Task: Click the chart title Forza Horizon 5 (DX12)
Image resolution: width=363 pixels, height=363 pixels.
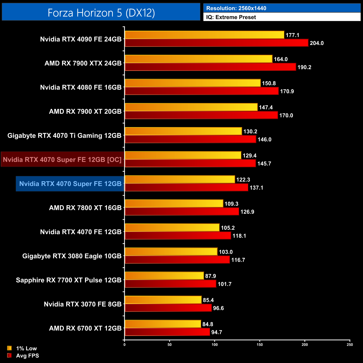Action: click(x=101, y=13)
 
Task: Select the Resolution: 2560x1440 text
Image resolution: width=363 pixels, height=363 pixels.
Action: click(x=236, y=8)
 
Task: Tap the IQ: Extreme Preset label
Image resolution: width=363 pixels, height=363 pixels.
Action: click(x=231, y=17)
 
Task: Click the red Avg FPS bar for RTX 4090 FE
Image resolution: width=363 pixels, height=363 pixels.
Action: click(x=216, y=43)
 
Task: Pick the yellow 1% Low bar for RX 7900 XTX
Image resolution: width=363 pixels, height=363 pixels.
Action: click(x=199, y=59)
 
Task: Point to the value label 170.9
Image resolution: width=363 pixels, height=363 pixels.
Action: click(x=287, y=91)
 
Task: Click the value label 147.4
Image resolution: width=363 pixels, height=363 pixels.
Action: click(x=266, y=108)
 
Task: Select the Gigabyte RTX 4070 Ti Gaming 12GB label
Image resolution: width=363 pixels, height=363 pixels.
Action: click(x=65, y=136)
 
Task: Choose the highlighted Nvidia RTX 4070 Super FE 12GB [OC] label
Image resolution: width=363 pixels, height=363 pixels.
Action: click(x=62, y=160)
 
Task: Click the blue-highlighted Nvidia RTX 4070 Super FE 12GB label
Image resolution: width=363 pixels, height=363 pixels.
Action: click(x=70, y=184)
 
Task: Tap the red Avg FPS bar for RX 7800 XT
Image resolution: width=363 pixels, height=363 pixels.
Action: click(x=182, y=212)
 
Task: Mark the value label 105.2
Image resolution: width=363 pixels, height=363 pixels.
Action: click(x=228, y=228)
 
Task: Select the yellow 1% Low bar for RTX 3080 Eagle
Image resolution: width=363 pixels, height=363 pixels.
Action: click(x=171, y=252)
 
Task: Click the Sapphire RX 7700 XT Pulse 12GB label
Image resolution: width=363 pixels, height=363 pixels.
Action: click(x=69, y=280)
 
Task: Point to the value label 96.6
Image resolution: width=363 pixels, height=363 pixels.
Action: click(x=218, y=308)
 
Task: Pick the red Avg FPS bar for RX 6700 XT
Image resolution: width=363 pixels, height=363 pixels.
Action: click(x=167, y=332)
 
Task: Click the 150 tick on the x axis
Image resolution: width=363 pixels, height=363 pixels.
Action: click(x=260, y=345)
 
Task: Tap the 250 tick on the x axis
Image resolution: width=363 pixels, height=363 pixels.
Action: click(x=350, y=345)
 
